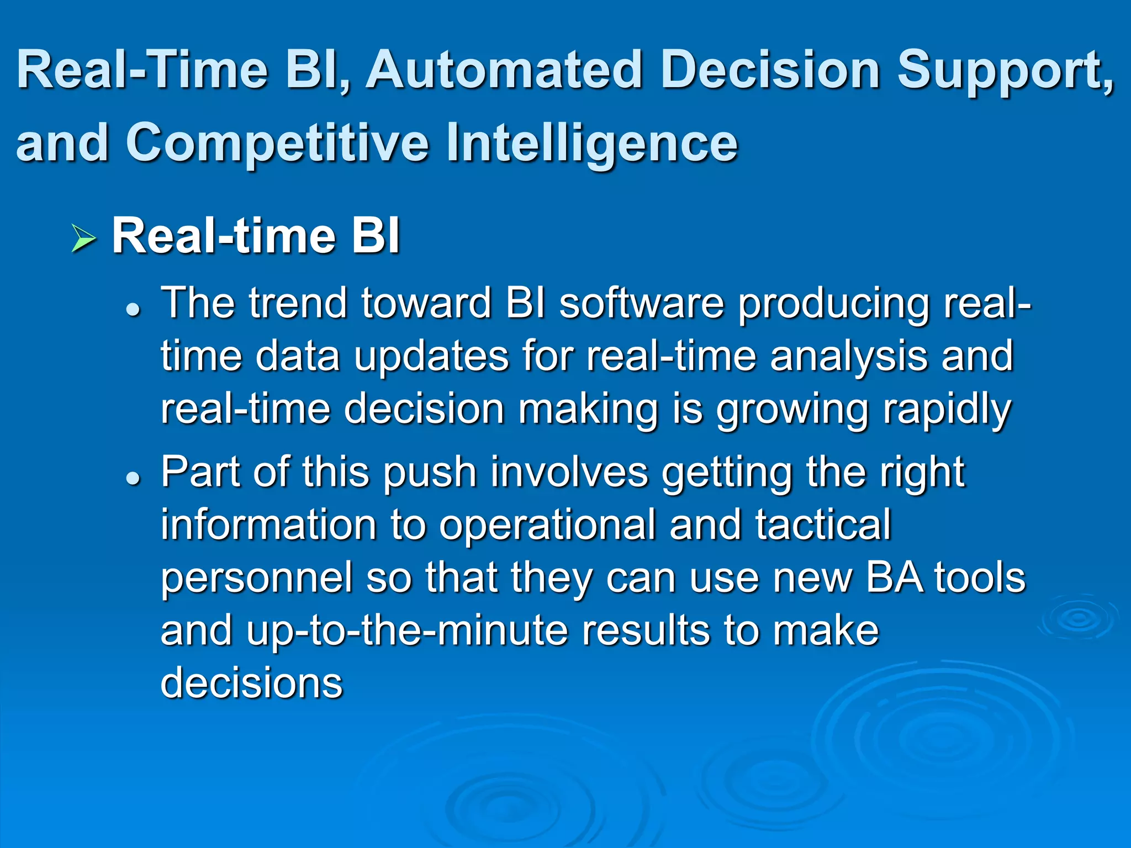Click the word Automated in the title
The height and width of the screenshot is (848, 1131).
pos(505,71)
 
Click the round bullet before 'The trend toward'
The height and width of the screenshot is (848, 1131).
pos(133,310)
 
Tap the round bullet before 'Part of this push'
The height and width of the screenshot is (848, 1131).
pos(133,478)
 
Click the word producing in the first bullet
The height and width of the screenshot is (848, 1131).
pos(834,304)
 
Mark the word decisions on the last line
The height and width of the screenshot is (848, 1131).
pos(252,683)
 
